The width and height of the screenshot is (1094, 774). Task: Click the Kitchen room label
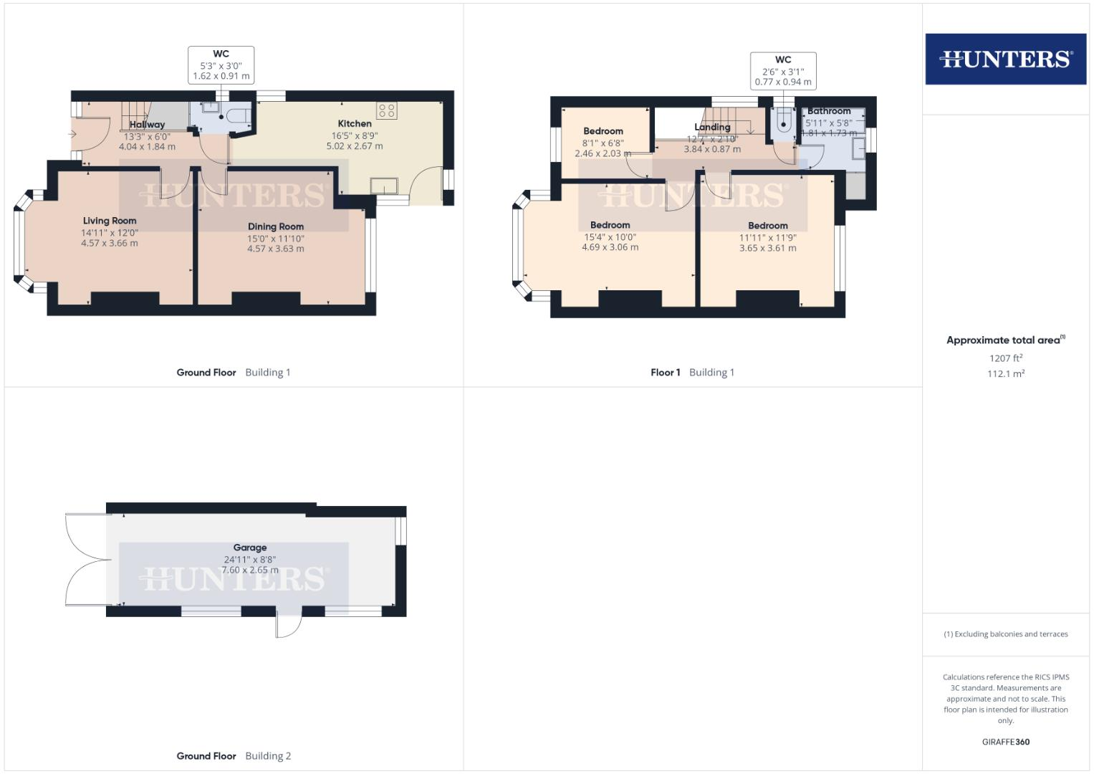pos(355,123)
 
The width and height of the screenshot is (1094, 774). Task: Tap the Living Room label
pos(110,221)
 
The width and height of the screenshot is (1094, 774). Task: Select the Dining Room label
pos(276,226)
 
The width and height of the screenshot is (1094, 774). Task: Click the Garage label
pos(250,548)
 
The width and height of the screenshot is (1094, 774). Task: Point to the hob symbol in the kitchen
pos(387,110)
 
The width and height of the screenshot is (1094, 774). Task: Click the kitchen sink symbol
pos(385,186)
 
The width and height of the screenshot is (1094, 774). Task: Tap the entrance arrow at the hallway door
pos(73,134)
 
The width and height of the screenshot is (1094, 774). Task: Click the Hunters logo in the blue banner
pos(1005,59)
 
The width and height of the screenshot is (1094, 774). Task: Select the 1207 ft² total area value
pos(1006,358)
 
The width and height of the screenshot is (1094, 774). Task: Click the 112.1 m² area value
pos(1006,373)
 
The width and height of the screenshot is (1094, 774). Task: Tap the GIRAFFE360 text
pos(1006,742)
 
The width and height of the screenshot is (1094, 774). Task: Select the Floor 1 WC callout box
pos(783,71)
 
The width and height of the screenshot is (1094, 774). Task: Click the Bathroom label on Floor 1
pos(829,111)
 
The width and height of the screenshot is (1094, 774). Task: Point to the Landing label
pos(712,127)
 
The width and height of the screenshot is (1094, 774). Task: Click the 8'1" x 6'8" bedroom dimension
pos(603,143)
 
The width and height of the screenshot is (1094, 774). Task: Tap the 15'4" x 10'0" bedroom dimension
pos(610,236)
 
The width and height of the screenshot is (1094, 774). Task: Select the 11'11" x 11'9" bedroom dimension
pos(768,237)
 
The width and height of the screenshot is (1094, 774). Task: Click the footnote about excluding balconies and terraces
pos(1006,634)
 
